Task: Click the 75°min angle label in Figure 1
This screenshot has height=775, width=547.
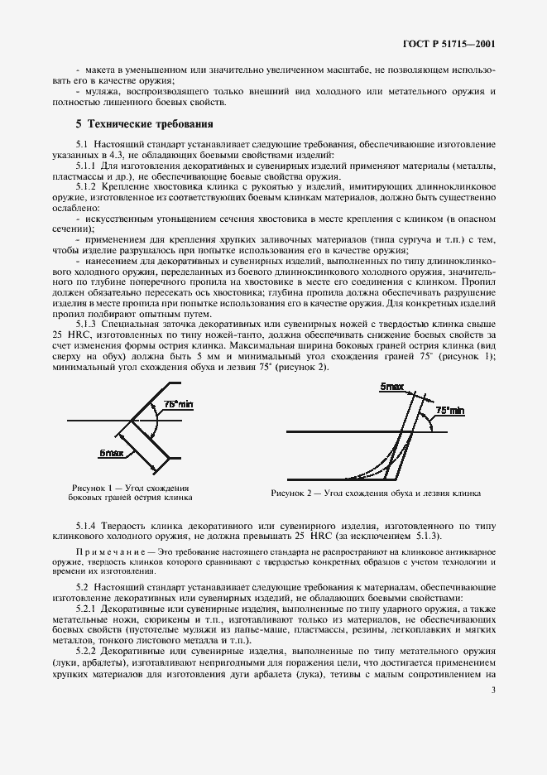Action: pyautogui.click(x=178, y=403)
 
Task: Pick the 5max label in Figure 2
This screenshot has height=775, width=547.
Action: pyautogui.click(x=392, y=387)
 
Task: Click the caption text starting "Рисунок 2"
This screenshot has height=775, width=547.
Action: pyautogui.click(x=375, y=493)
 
